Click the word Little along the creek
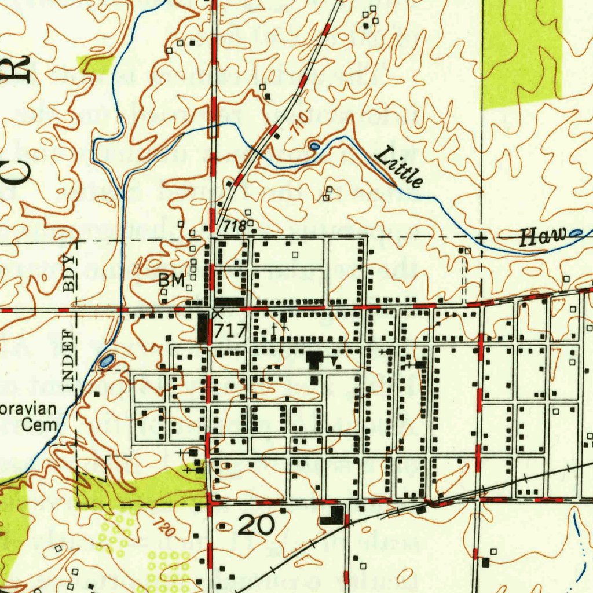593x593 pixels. pos(400,167)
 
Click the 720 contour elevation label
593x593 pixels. pos(164,526)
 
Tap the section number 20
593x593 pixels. pos(256,526)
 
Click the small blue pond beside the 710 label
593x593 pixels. pos(314,146)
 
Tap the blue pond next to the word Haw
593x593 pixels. pos(576,233)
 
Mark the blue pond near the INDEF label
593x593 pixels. pos(107,361)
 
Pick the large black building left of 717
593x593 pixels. pos(203,328)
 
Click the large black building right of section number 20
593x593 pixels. pos(332,515)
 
